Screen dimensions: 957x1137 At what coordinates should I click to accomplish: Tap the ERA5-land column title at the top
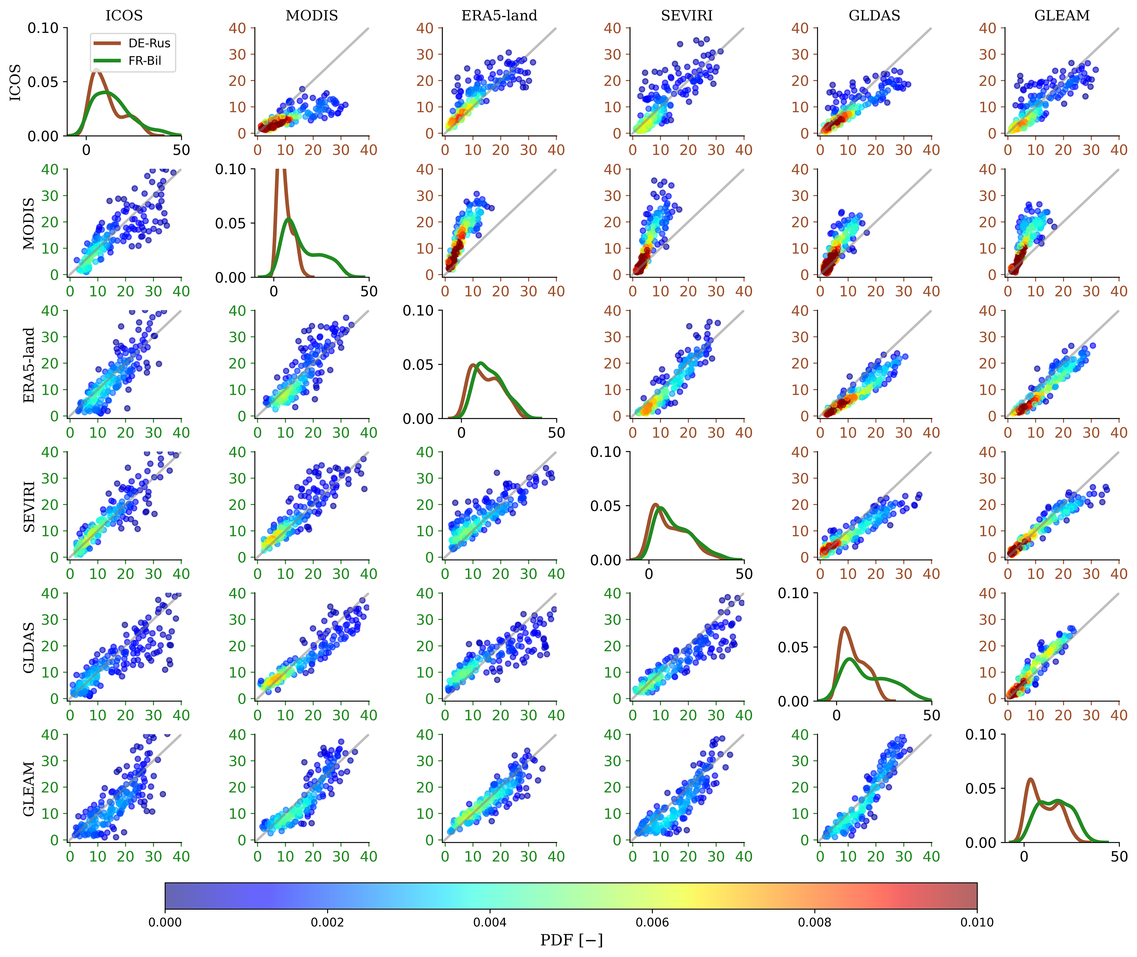point(499,15)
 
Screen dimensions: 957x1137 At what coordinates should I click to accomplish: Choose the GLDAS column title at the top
point(874,15)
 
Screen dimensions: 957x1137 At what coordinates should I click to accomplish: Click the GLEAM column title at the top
point(1062,15)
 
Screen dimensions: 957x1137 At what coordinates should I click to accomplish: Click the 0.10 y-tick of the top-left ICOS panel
point(43,28)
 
